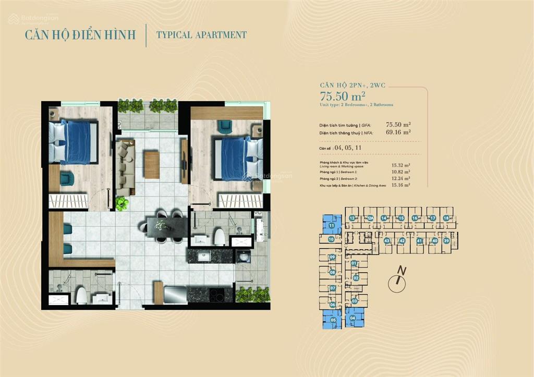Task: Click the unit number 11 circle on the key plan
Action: tap(331, 226)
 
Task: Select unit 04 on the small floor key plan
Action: tap(353, 318)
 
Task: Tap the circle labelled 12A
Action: tap(369, 218)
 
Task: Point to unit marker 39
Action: tap(446, 241)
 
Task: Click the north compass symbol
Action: tap(397, 282)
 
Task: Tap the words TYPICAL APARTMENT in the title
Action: tap(202, 35)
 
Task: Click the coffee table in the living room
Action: tap(152, 164)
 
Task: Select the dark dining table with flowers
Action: tap(166, 226)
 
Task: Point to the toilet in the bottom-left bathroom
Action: tap(82, 296)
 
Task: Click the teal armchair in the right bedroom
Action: tap(225, 126)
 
